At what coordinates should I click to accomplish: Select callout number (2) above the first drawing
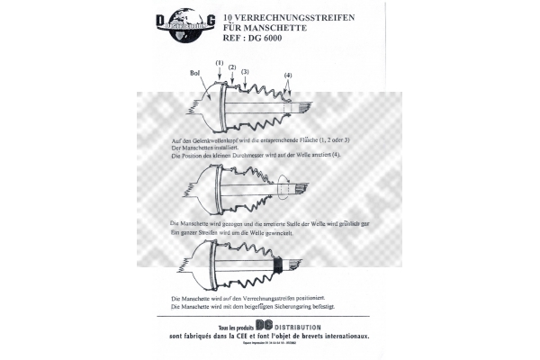(231, 67)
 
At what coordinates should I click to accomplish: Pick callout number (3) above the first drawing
(245, 71)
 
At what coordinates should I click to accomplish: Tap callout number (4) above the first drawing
(287, 75)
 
